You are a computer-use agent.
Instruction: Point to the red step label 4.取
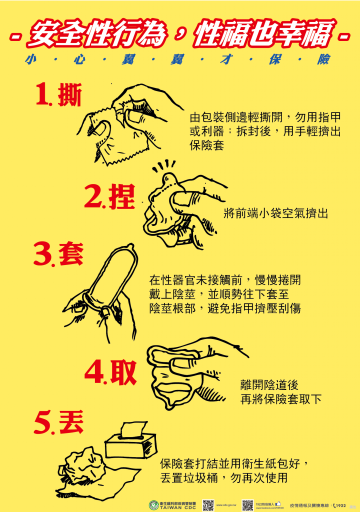click(x=110, y=372)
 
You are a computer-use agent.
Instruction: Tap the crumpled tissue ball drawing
click(x=82, y=465)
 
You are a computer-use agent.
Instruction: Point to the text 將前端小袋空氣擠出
click(x=276, y=213)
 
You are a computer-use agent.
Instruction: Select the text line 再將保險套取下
click(x=281, y=399)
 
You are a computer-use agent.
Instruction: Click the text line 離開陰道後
click(x=269, y=385)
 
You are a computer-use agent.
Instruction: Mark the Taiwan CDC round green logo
click(x=153, y=504)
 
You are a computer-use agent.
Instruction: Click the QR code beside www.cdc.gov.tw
click(x=208, y=504)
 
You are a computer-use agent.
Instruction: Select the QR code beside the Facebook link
click(x=247, y=504)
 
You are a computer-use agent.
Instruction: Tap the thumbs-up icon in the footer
click(x=278, y=503)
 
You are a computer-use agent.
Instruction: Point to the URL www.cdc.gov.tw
click(x=226, y=505)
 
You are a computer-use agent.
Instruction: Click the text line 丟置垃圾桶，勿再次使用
click(x=224, y=477)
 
